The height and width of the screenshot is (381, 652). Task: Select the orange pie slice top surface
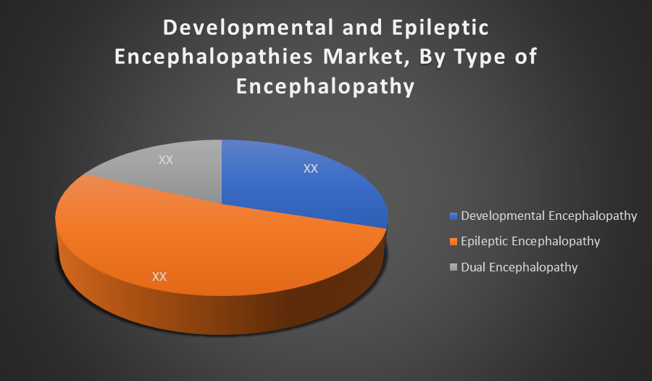point(216,246)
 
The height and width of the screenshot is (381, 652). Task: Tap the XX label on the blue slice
point(311,168)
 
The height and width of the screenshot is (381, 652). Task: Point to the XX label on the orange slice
point(159,276)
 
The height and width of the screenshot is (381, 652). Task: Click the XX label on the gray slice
point(165,160)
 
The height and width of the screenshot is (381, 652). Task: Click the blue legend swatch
point(454,216)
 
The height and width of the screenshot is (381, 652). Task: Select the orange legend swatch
point(454,242)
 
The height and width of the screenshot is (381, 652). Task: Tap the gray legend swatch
point(454,267)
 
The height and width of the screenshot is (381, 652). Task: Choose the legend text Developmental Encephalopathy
point(549,216)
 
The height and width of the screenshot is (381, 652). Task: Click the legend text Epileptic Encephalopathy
point(530,241)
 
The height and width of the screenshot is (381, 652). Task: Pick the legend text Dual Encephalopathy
point(519,267)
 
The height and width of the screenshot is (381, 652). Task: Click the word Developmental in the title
point(248,28)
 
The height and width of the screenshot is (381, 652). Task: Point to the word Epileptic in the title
point(440,28)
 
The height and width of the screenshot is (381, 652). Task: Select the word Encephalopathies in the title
point(214,57)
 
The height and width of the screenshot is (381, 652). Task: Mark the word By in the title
point(432,57)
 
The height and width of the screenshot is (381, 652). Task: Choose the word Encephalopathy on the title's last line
point(325,86)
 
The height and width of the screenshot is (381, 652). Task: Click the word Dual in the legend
point(473,267)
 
